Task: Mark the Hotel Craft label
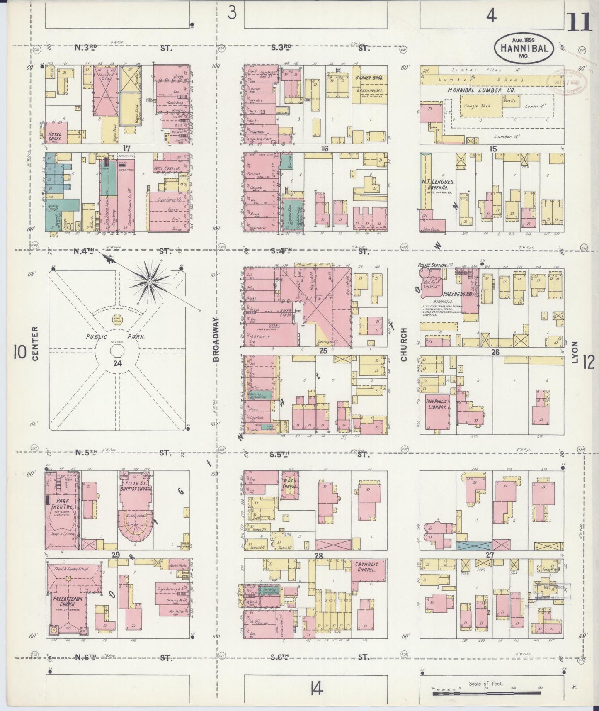tap(55, 136)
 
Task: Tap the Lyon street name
tap(575, 352)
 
